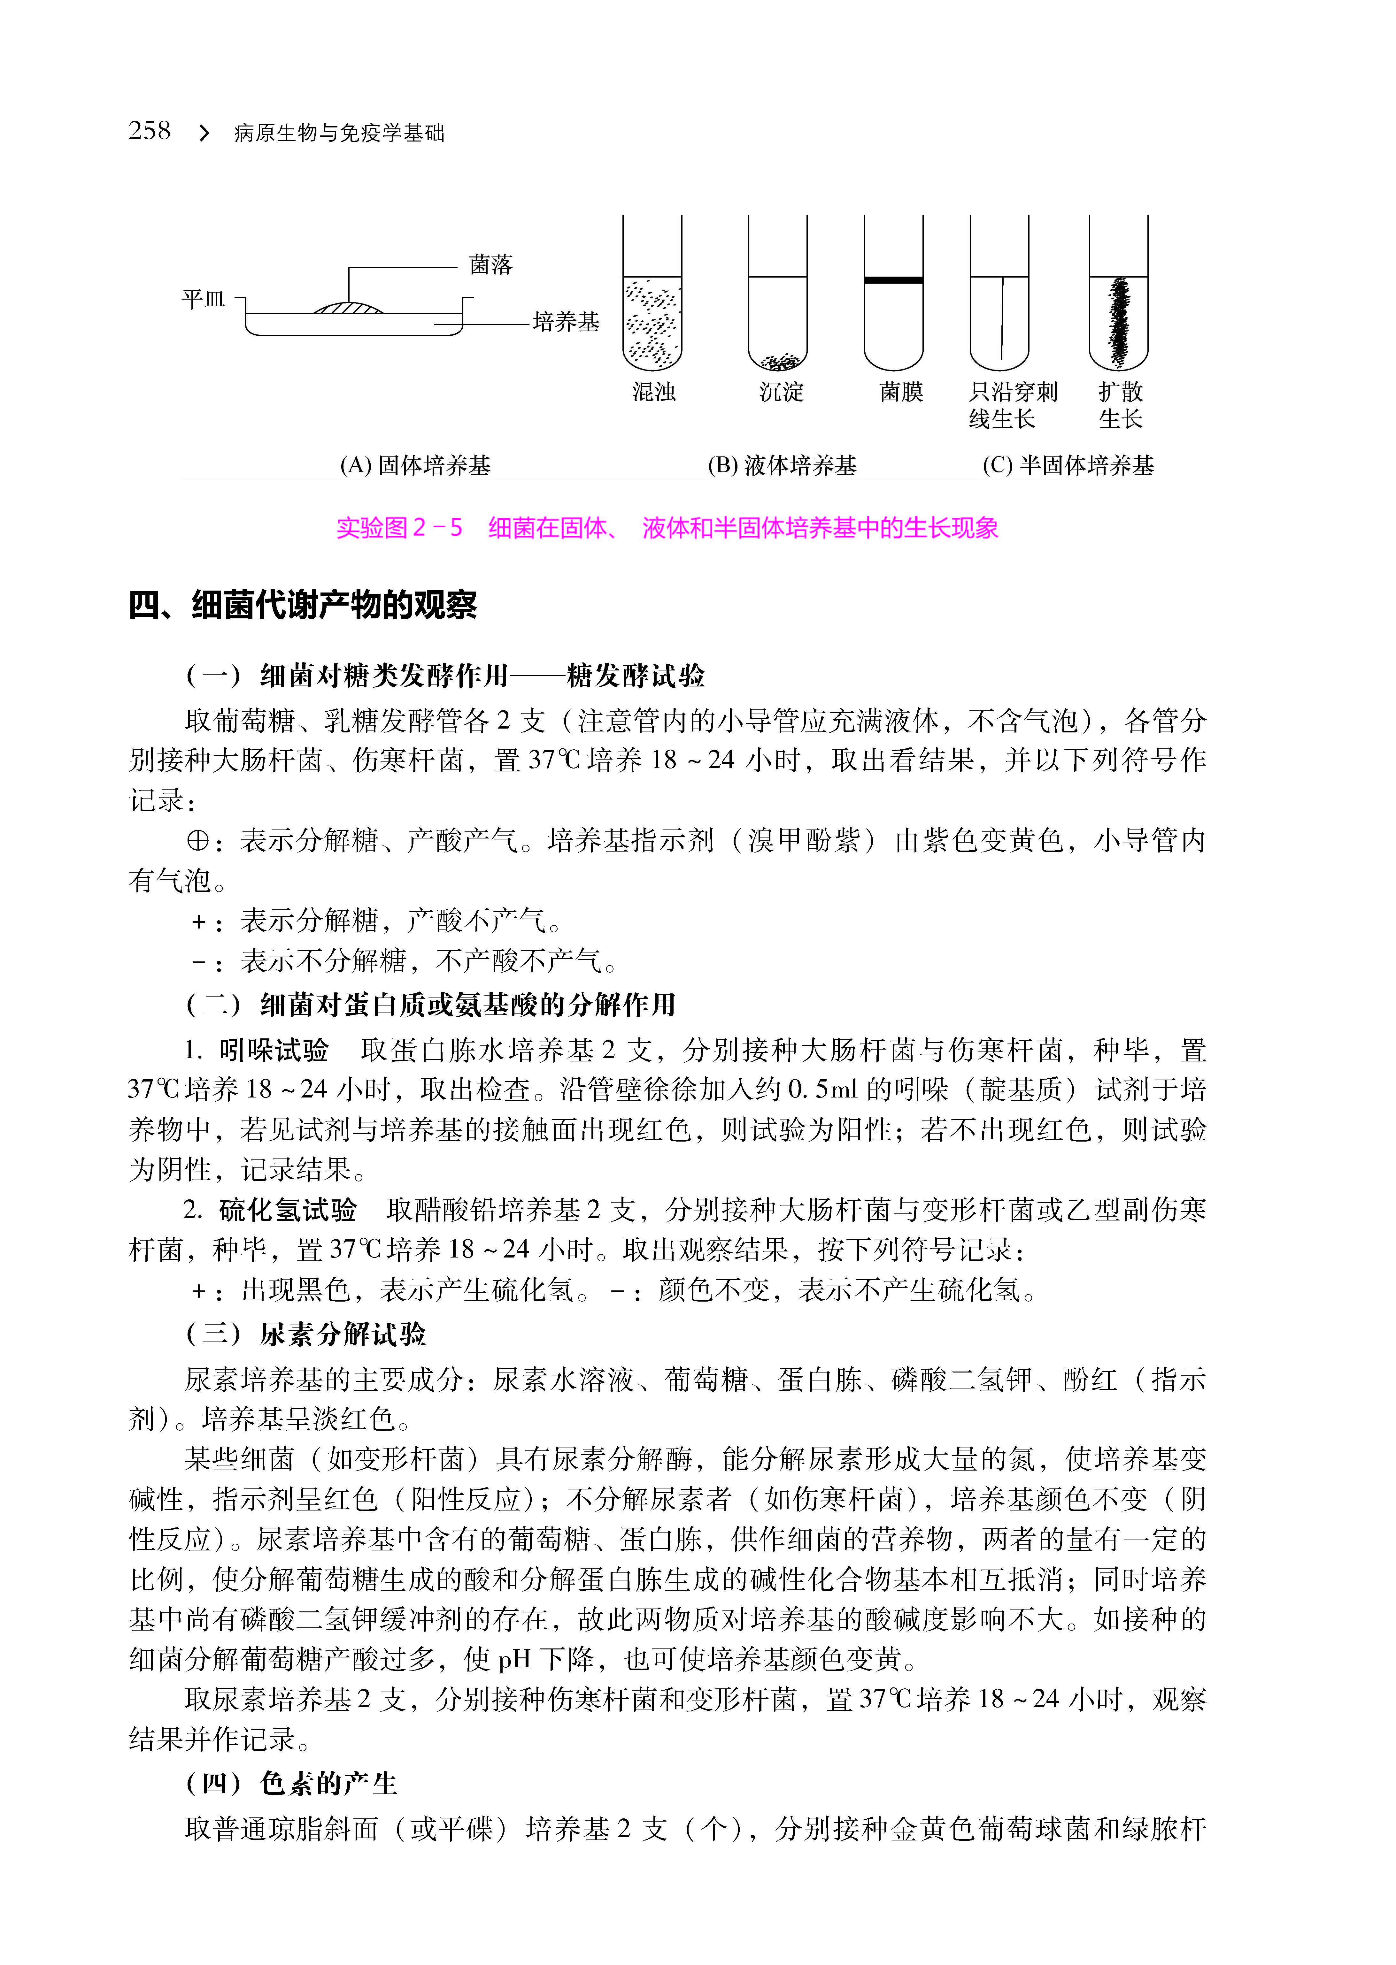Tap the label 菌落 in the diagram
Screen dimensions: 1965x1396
tap(491, 265)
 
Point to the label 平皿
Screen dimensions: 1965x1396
tap(203, 299)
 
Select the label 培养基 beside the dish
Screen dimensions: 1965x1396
tap(566, 322)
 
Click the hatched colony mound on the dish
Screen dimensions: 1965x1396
tap(348, 307)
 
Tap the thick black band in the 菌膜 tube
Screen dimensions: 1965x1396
tap(894, 280)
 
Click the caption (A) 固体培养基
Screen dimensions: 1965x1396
tap(415, 466)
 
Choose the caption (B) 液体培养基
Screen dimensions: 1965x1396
tap(782, 466)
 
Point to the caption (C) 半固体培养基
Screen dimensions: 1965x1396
tap(1068, 466)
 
